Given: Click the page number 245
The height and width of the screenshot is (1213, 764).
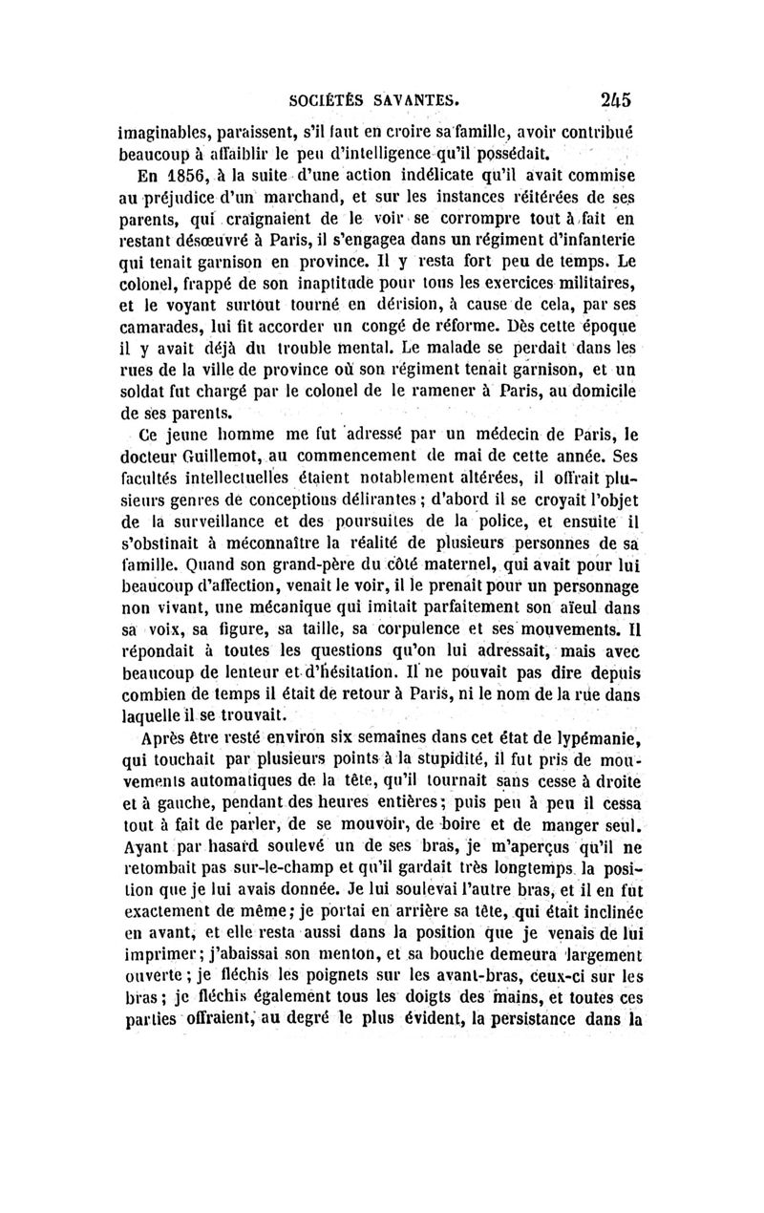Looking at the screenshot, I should pyautogui.click(x=622, y=98).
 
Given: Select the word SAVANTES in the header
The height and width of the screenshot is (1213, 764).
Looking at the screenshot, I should pyautogui.click(x=422, y=98).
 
